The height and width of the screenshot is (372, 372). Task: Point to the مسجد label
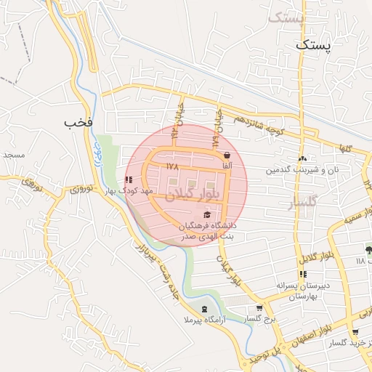(x=14, y=155)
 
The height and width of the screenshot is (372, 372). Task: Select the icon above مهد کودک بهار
(x=129, y=179)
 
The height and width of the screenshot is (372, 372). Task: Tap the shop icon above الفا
(x=227, y=155)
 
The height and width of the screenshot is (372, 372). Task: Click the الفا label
(x=227, y=166)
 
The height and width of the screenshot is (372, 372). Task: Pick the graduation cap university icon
(x=209, y=214)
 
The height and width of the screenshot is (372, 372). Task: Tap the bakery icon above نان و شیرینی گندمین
(x=302, y=159)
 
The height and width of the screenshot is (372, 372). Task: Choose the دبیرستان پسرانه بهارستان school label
(x=304, y=291)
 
